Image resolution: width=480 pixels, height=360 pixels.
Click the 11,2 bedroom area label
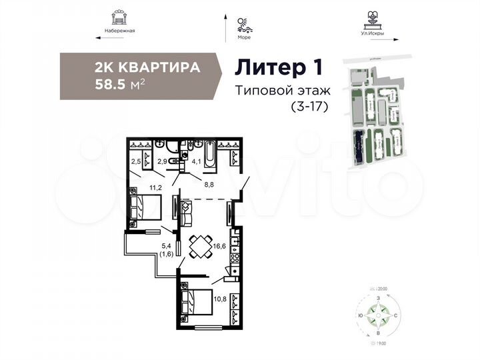(x=155, y=189)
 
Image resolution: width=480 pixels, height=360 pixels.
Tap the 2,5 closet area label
(x=135, y=160)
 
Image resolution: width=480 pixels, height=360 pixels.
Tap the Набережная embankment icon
(x=121, y=16)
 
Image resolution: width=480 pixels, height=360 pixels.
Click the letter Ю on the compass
(x=360, y=313)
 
